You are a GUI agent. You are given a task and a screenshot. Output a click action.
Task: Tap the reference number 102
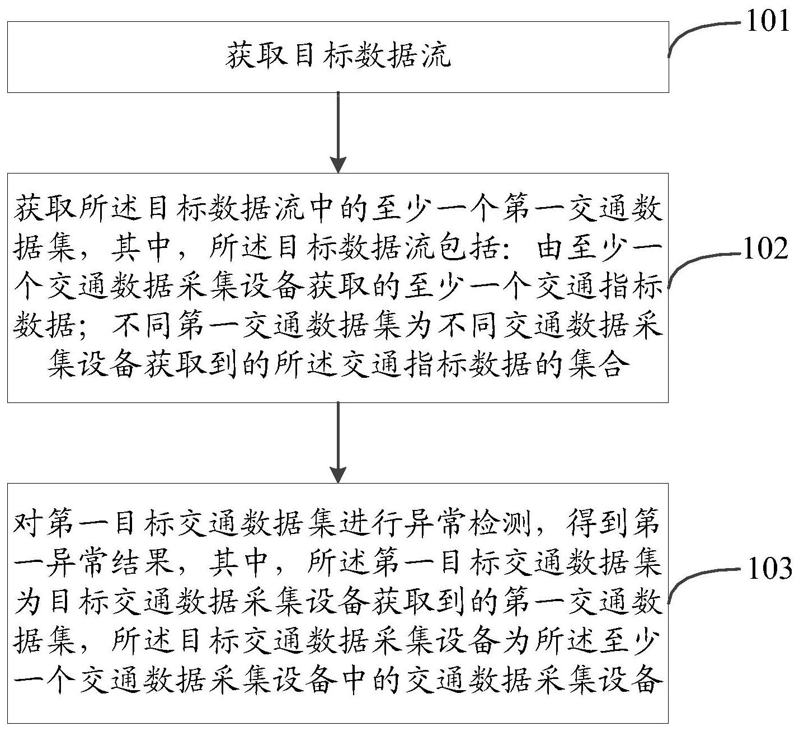(x=766, y=249)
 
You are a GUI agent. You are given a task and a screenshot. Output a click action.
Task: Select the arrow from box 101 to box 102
(x=338, y=132)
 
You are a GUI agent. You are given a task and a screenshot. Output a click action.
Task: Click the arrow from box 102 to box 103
(x=338, y=442)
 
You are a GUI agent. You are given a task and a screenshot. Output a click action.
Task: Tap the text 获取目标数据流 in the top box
(x=338, y=55)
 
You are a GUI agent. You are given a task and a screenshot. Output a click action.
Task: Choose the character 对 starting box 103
(x=28, y=522)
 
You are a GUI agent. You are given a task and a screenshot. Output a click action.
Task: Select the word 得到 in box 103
(x=597, y=522)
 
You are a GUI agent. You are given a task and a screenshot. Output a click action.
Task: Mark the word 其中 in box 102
(x=142, y=248)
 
